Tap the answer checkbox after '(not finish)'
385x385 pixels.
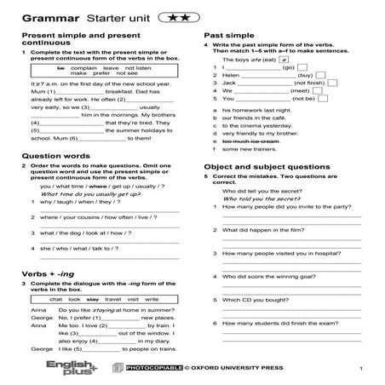(x=317, y=86)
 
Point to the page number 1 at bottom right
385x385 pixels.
(x=362, y=367)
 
